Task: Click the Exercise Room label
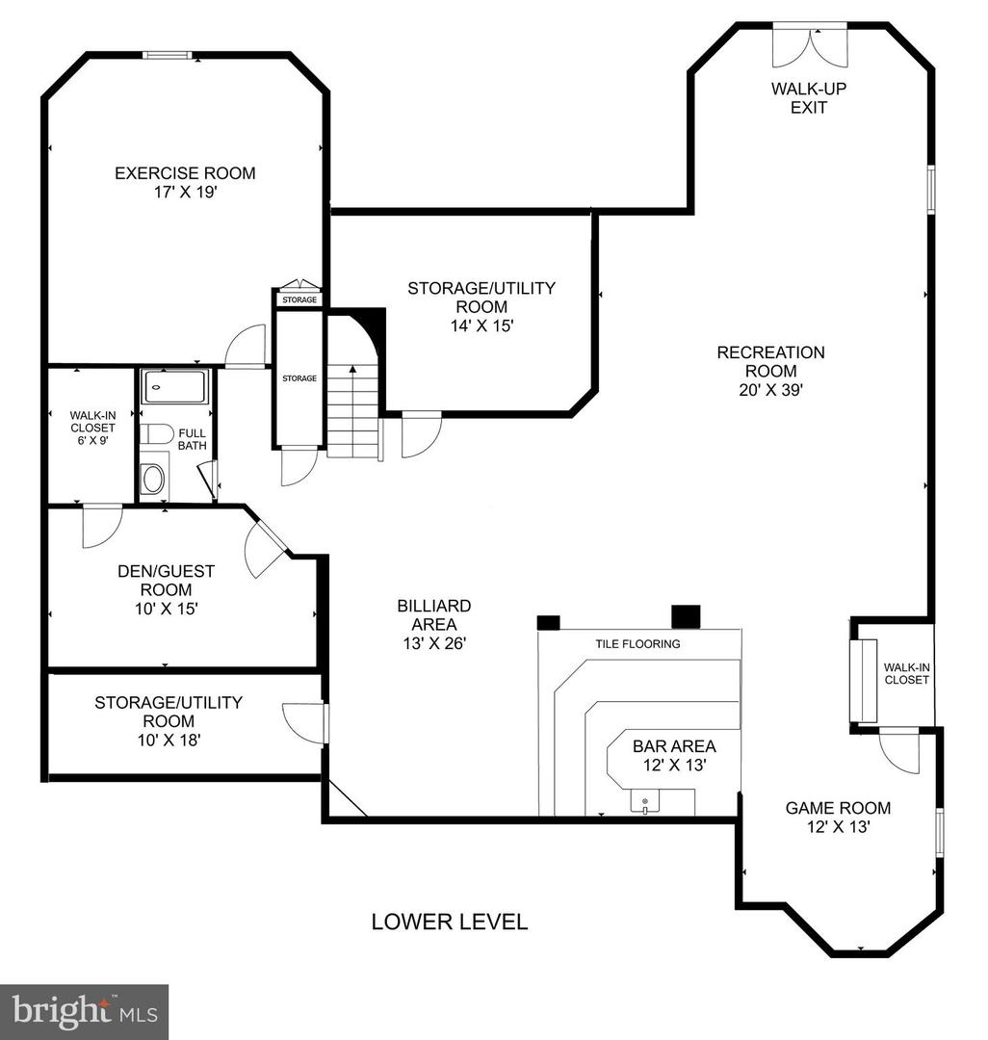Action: pyautogui.click(x=185, y=173)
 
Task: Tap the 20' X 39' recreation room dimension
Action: pyautogui.click(x=770, y=390)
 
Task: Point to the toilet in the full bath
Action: pyautogui.click(x=157, y=434)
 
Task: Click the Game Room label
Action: pyautogui.click(x=838, y=808)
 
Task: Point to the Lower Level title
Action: pyautogui.click(x=450, y=922)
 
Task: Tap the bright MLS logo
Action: pyautogui.click(x=84, y=1011)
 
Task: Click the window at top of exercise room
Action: pyautogui.click(x=169, y=55)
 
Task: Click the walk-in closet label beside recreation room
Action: pyautogui.click(x=906, y=673)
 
